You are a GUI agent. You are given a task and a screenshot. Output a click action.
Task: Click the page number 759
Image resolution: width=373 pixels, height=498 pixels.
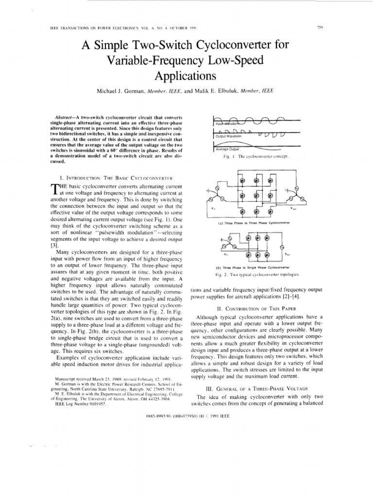click(320, 27)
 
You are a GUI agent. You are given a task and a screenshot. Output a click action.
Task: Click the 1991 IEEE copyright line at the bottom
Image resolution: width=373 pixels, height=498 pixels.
click(186, 417)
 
